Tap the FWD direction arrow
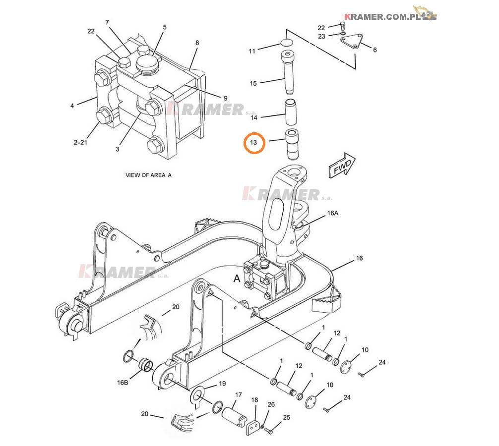pyautogui.click(x=342, y=166)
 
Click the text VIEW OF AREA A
pyautogui.click(x=148, y=175)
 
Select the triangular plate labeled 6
pyautogui.click(x=352, y=41)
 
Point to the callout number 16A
pyautogui.click(x=332, y=213)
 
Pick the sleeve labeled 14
pyautogui.click(x=291, y=112)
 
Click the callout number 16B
pyautogui.click(x=123, y=383)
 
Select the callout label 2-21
pyautogui.click(x=80, y=142)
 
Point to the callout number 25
pyautogui.click(x=286, y=417)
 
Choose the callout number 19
pyautogui.click(x=222, y=384)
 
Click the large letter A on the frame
pyautogui.click(x=237, y=279)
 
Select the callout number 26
pyautogui.click(x=271, y=404)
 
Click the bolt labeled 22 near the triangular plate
pyautogui.click(x=343, y=25)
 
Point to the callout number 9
pyautogui.click(x=225, y=98)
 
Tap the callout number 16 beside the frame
pyautogui.click(x=359, y=258)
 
